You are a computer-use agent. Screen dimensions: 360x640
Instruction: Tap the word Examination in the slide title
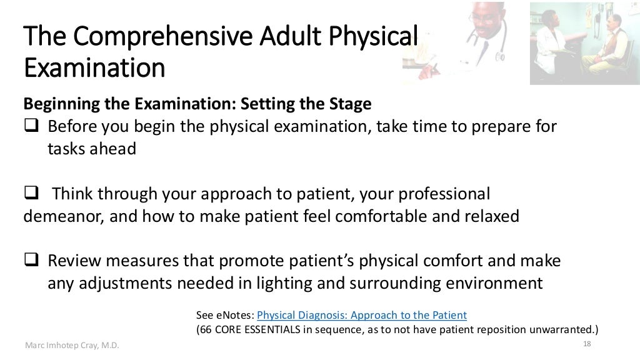(94, 67)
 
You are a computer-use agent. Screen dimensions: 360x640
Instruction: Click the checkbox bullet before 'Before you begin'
(32, 127)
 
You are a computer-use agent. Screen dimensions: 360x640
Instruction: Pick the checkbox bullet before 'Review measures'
(32, 261)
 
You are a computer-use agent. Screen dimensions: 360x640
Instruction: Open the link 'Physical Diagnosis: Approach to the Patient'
(362, 315)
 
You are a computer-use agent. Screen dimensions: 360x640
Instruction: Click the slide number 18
(586, 344)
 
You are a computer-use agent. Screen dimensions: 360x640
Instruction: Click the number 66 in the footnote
(207, 329)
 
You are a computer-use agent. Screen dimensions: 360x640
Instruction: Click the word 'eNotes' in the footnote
(234, 315)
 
